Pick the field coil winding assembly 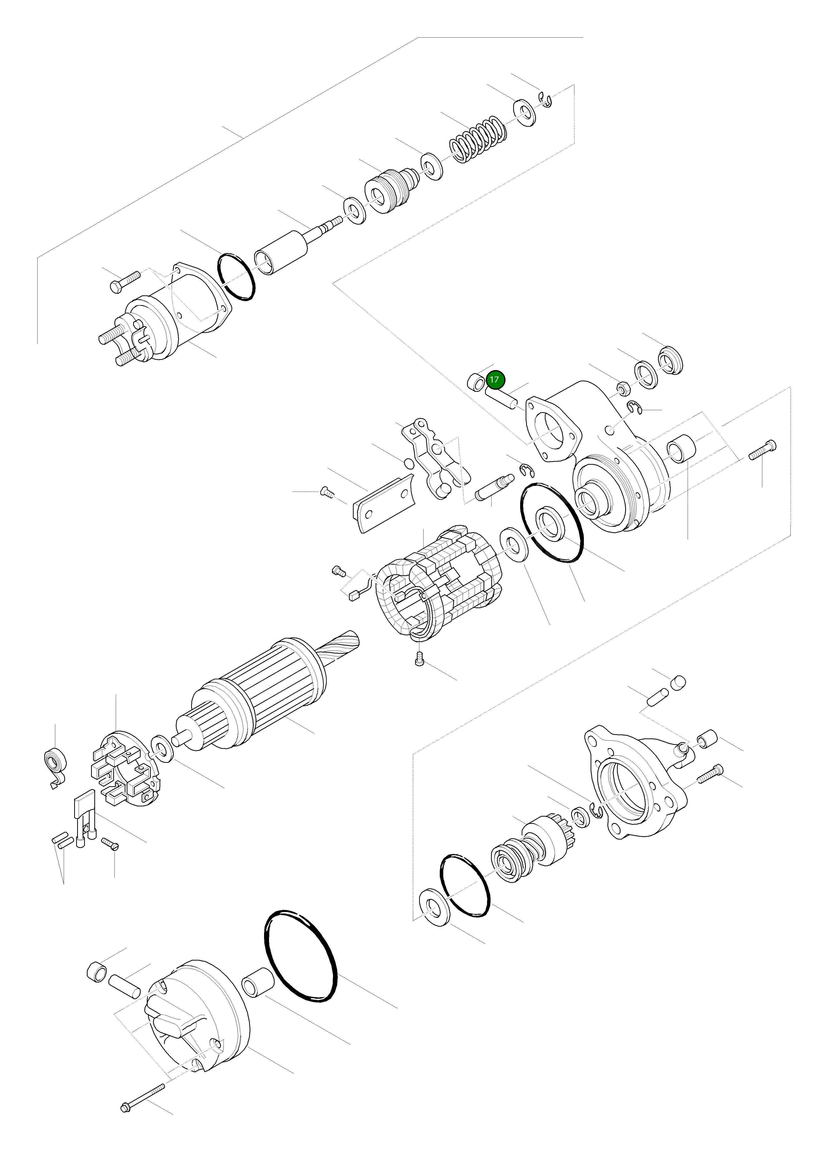point(437,583)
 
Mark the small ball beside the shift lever point(409,464)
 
